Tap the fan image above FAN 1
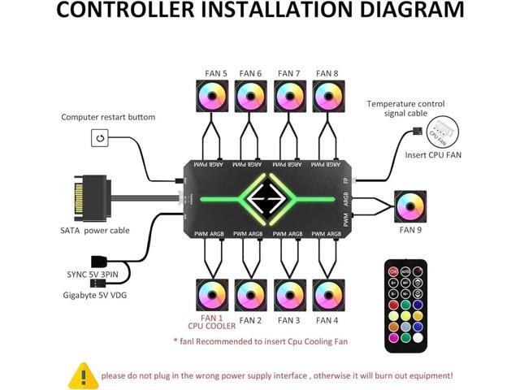pyautogui.click(x=212, y=295)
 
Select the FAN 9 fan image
pyautogui.click(x=409, y=206)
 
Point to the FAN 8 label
pyautogui.click(x=328, y=73)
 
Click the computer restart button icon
pyautogui.click(x=100, y=138)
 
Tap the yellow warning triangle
pyautogui.click(x=83, y=375)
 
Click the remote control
pyautogui.click(x=405, y=305)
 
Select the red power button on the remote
pyautogui.click(x=392, y=271)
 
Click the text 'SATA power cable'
pyautogui.click(x=95, y=231)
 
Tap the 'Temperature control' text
pyautogui.click(x=404, y=104)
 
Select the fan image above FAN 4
pyautogui.click(x=327, y=295)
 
